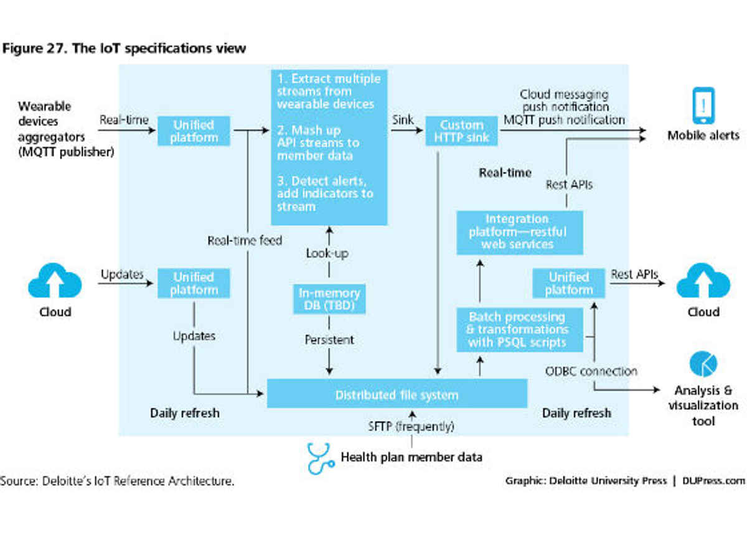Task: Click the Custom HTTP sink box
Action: [461, 131]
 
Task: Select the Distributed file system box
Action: [397, 395]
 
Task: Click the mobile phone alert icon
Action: [703, 106]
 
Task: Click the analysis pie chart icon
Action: [703, 364]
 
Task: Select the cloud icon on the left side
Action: [55, 282]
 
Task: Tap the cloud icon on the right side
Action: [703, 282]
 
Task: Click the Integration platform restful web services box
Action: [519, 232]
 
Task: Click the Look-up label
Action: [327, 254]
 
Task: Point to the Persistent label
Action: [329, 340]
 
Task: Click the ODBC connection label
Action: [591, 371]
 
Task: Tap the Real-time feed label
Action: [245, 240]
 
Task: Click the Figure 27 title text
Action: [125, 49]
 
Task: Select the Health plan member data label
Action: [411, 457]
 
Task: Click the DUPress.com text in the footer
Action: [713, 481]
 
